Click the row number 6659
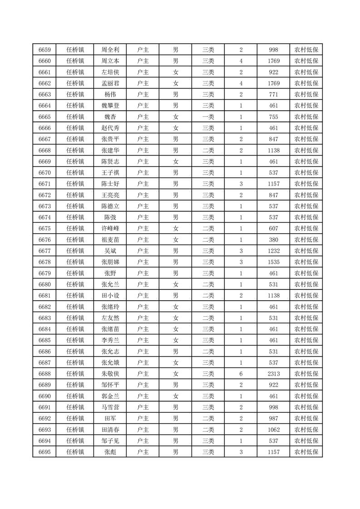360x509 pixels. pyautogui.click(x=44, y=50)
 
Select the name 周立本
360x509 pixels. pyautogui.click(x=110, y=61)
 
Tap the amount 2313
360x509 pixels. pyautogui.click(x=273, y=373)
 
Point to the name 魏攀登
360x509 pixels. pyautogui.click(x=110, y=106)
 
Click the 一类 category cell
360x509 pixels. pyautogui.click(x=208, y=117)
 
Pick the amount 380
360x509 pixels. pyautogui.click(x=273, y=240)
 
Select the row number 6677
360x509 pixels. pyautogui.click(x=44, y=250)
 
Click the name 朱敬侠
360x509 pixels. pyautogui.click(x=110, y=373)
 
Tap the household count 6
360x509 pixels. pyautogui.click(x=241, y=373)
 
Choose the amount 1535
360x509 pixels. pyautogui.click(x=273, y=262)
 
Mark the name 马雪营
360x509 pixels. pyautogui.click(x=110, y=407)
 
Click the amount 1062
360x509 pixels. pyautogui.click(x=273, y=429)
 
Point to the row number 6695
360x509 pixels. pyautogui.click(x=44, y=451)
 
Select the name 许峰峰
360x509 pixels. pyautogui.click(x=110, y=228)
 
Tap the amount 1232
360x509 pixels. pyautogui.click(x=273, y=250)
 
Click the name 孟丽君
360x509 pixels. pyautogui.click(x=110, y=83)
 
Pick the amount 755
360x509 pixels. pyautogui.click(x=273, y=117)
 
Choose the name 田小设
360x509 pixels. pyautogui.click(x=110, y=295)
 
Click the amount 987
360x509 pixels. pyautogui.click(x=273, y=418)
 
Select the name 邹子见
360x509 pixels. pyautogui.click(x=110, y=440)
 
